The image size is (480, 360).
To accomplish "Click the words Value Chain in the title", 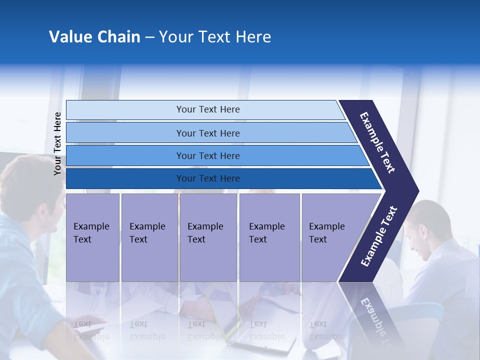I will [x=94, y=37].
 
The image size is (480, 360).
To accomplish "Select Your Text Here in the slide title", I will [x=215, y=37].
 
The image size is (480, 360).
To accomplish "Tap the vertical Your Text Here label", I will [x=57, y=143].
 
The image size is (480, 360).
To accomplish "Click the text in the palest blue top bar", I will [x=208, y=109].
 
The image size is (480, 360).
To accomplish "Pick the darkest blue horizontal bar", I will [x=208, y=178].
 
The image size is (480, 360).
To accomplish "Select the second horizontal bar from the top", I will [x=208, y=133].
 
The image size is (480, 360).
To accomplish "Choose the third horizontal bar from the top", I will [x=208, y=155].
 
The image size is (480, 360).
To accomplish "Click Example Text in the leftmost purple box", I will [x=91, y=233].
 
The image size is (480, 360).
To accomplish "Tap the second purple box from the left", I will [x=148, y=237].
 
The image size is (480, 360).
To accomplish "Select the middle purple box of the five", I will [x=207, y=237].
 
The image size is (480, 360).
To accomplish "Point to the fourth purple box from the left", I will [x=269, y=237].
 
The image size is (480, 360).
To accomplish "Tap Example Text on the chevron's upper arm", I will [x=377, y=142].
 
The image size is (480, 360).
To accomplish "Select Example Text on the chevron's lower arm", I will [x=379, y=236].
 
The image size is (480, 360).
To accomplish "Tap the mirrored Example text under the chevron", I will [x=378, y=320].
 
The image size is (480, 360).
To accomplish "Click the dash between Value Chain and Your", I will [x=149, y=37].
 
